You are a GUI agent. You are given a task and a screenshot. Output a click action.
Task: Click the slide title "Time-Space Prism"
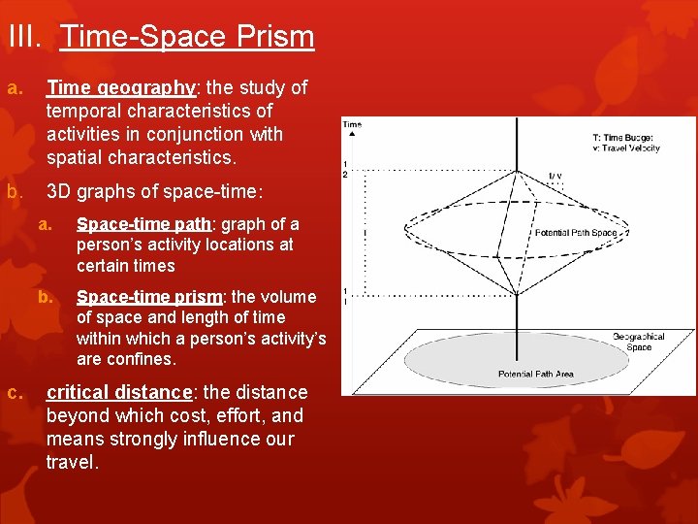point(187,37)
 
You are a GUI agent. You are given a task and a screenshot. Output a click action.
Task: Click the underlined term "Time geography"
point(121,87)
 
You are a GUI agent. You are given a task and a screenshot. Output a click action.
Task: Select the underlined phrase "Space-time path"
point(143,224)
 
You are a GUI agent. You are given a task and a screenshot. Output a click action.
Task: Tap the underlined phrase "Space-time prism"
point(148,297)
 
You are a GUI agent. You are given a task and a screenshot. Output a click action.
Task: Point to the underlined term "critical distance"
point(120,393)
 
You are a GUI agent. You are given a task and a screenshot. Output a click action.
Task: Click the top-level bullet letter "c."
point(16,392)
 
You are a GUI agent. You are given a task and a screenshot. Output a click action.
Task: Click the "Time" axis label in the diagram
point(352,124)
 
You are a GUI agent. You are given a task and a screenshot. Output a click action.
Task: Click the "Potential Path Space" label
point(576,233)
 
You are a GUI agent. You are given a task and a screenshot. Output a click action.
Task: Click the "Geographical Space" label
point(636,342)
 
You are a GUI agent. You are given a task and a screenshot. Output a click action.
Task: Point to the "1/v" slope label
point(555,176)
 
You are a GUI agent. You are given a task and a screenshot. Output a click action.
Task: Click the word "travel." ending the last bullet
point(73,463)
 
